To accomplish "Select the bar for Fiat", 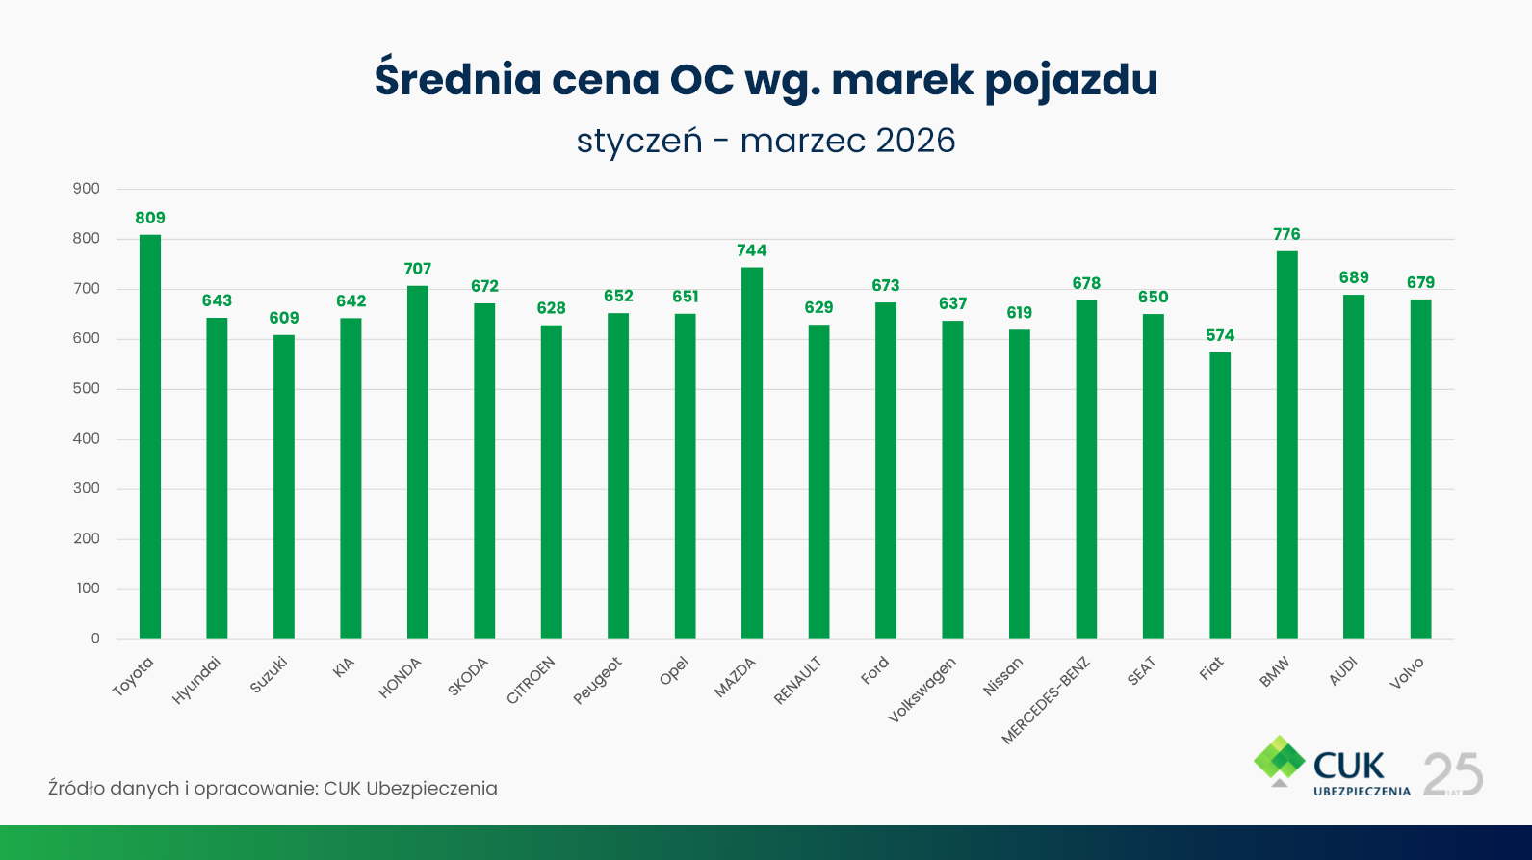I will click(x=1220, y=495).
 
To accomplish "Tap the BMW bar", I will click(x=1286, y=445).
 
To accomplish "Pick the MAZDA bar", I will click(x=752, y=453).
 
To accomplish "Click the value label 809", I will click(x=150, y=218).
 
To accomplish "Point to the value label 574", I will click(x=1220, y=335).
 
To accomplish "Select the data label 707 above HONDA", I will click(x=418, y=269).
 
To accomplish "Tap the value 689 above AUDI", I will click(x=1354, y=277).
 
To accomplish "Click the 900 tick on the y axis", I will click(x=87, y=189).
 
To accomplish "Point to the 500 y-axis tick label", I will click(x=87, y=389).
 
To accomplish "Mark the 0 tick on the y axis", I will click(x=95, y=638).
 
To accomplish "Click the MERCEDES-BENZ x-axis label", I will click(x=1046, y=700).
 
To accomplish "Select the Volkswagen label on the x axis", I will click(x=922, y=690).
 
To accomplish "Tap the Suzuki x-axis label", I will click(x=269, y=674).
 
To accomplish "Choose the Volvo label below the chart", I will click(x=1407, y=673).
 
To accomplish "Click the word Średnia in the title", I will click(x=458, y=79).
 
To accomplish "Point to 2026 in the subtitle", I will click(x=916, y=141).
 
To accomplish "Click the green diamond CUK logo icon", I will click(x=1279, y=760).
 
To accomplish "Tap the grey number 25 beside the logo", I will click(x=1453, y=774).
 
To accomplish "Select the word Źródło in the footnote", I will click(x=76, y=788).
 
